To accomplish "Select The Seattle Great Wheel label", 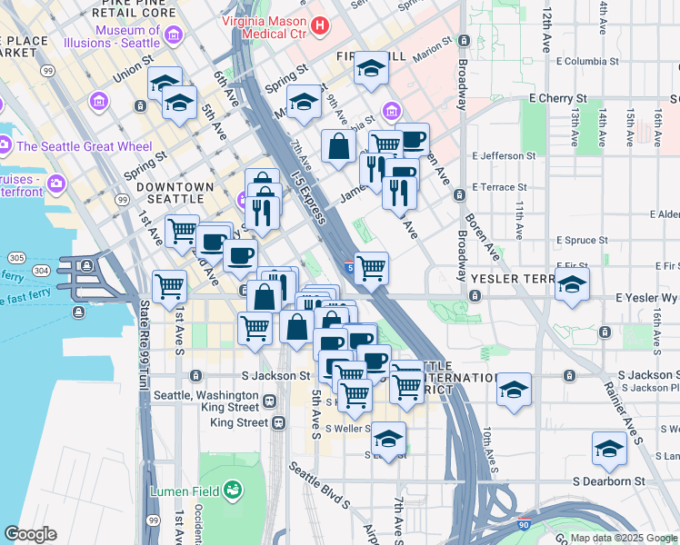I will (x=85, y=146).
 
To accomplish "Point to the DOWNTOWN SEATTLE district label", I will (x=175, y=193).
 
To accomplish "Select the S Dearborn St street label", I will (x=608, y=481).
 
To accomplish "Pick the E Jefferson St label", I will (x=505, y=155).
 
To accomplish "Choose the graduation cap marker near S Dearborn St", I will (x=609, y=449).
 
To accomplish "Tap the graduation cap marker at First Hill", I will (x=371, y=69).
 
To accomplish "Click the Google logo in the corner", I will (x=30, y=534).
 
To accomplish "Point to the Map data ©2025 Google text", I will (x=624, y=538).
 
